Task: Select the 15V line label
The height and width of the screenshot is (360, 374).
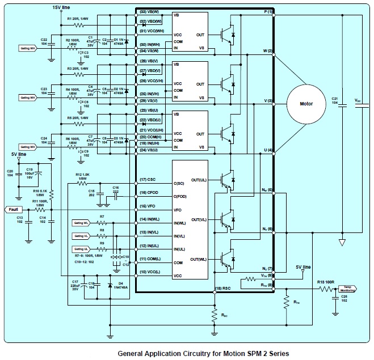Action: (x=61, y=7)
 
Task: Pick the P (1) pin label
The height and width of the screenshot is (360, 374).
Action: (x=268, y=12)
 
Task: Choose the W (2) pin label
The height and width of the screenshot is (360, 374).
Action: (x=267, y=51)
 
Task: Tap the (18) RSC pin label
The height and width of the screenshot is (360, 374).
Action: (x=222, y=289)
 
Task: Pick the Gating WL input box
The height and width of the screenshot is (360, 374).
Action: (x=82, y=222)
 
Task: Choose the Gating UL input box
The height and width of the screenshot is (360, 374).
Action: (x=82, y=248)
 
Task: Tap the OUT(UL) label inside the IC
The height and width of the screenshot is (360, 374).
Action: (x=199, y=180)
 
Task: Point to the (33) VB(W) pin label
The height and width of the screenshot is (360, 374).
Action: (x=150, y=12)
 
